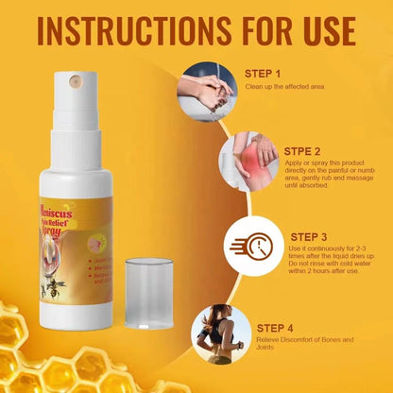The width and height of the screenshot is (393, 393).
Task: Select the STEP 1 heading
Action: coord(263,73)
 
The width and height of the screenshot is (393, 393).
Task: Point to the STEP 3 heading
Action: coord(308,237)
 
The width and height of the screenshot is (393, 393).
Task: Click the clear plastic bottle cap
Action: coord(149,293)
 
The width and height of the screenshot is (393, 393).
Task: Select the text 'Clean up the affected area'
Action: coord(285,86)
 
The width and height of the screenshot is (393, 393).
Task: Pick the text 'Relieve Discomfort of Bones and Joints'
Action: coord(295,342)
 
